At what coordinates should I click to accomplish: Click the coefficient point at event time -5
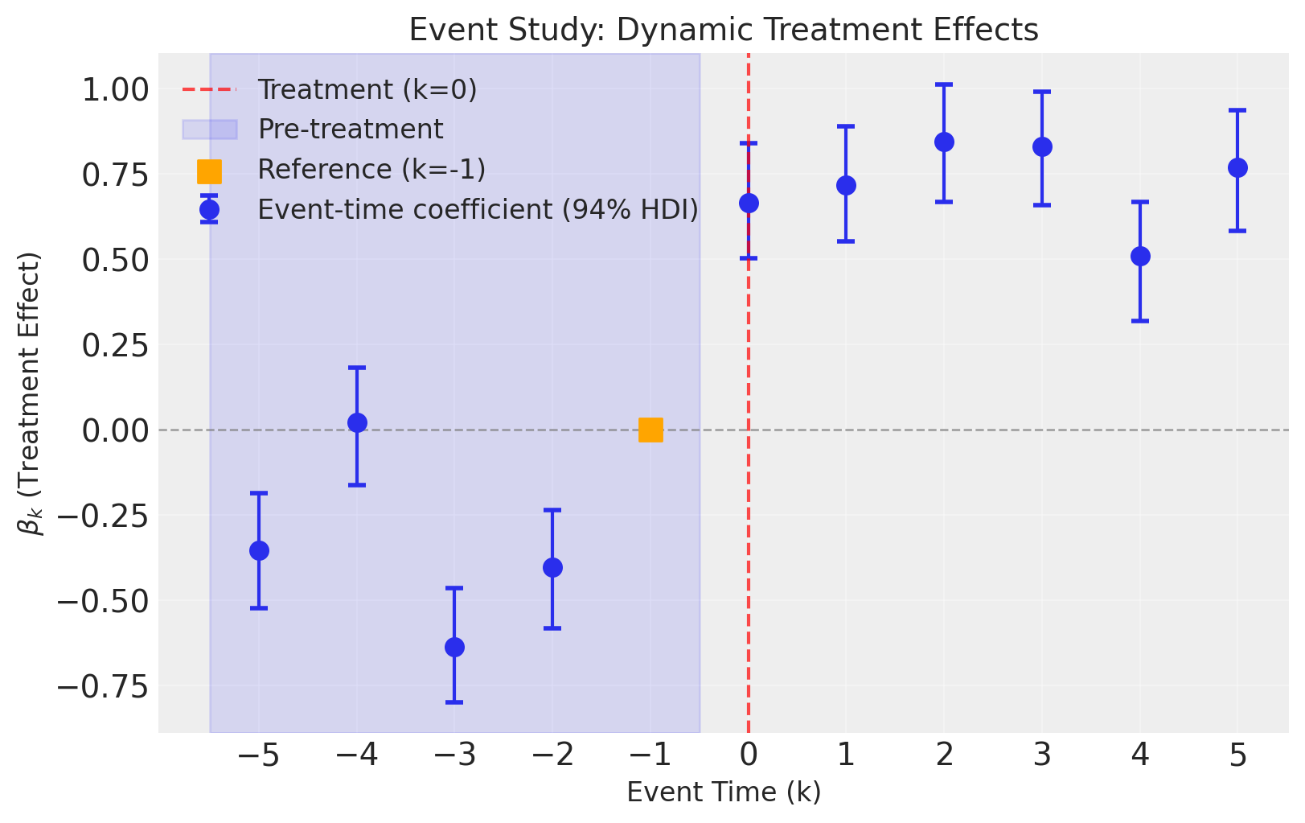pyautogui.click(x=259, y=550)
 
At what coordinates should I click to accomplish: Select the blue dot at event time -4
pyautogui.click(x=357, y=422)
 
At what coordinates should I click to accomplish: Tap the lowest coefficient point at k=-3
pyautogui.click(x=454, y=647)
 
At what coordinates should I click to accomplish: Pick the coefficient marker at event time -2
pyautogui.click(x=552, y=567)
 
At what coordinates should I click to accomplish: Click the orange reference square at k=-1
pyautogui.click(x=650, y=430)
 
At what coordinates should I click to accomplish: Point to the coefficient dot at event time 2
pyautogui.click(x=944, y=142)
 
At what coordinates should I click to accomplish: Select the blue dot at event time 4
pyautogui.click(x=1140, y=257)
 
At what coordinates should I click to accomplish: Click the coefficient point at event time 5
pyautogui.click(x=1237, y=167)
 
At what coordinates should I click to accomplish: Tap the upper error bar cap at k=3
pyautogui.click(x=1042, y=92)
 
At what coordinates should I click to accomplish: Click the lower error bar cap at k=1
pyautogui.click(x=846, y=241)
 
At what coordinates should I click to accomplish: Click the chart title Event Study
pyautogui.click(x=724, y=31)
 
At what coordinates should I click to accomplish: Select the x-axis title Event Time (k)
pyautogui.click(x=724, y=792)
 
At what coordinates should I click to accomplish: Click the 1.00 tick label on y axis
pyautogui.click(x=115, y=90)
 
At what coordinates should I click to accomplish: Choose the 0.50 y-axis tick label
pyautogui.click(x=115, y=261)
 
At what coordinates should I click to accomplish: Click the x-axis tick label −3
pyautogui.click(x=454, y=756)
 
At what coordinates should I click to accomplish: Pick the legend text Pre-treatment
pyautogui.click(x=350, y=130)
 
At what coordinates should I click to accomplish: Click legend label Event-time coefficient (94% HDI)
pyautogui.click(x=478, y=210)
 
